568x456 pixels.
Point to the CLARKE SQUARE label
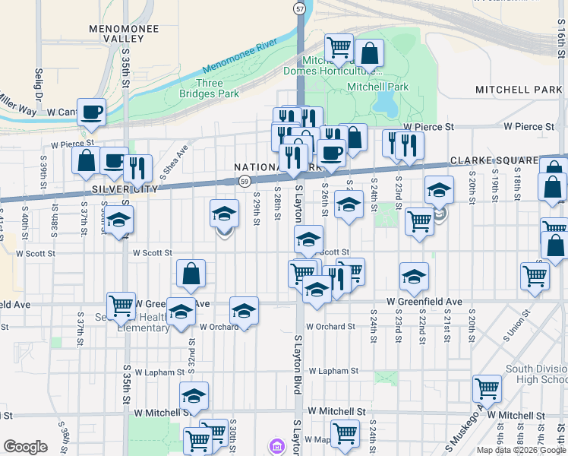point(494,161)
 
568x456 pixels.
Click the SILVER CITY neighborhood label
point(125,188)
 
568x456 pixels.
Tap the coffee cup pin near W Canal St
point(92,111)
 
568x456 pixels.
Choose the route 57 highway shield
point(301,8)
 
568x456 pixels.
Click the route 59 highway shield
point(244,181)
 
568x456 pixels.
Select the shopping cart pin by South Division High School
point(487,388)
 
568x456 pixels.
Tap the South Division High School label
point(536,374)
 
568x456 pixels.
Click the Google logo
point(25,447)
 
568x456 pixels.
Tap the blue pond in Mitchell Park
point(385,102)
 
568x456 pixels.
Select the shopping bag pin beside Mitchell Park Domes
point(369,53)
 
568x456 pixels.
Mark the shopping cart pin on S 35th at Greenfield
point(121,306)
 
